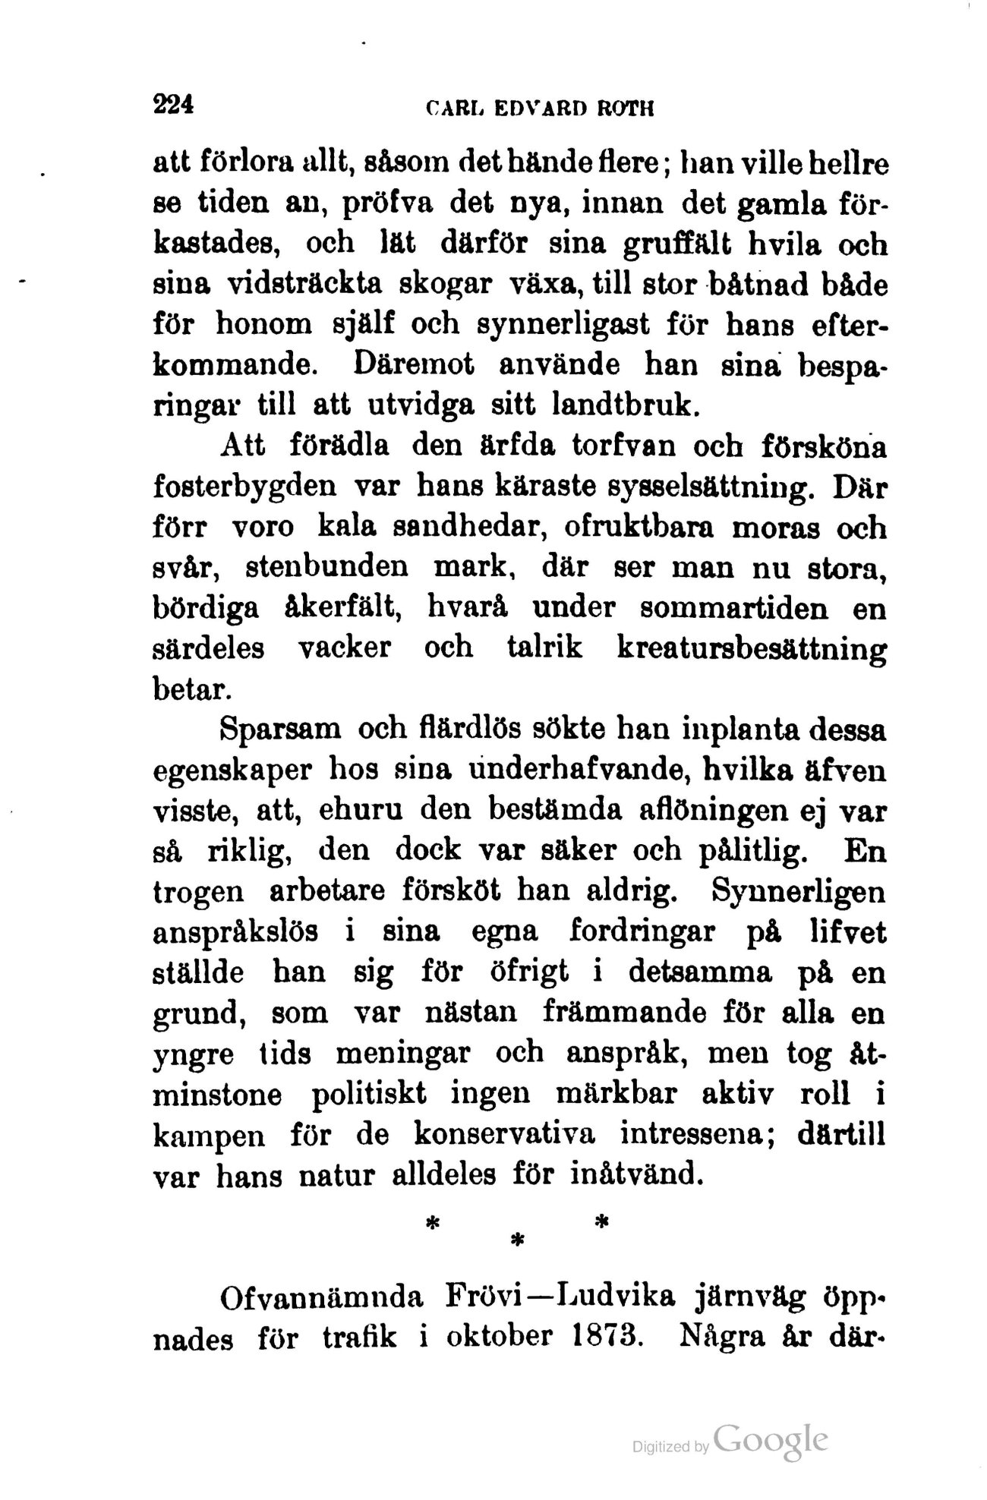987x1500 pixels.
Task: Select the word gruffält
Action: (x=690, y=244)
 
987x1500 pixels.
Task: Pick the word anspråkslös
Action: (x=236, y=933)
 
